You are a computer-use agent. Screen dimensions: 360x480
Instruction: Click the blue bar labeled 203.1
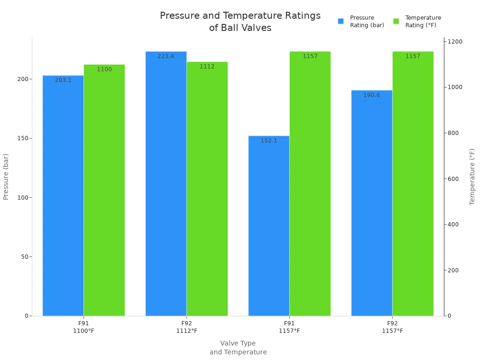click(x=63, y=197)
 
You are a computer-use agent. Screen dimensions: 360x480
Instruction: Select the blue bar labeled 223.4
click(x=166, y=187)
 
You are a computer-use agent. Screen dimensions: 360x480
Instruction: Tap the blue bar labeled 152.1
click(x=269, y=227)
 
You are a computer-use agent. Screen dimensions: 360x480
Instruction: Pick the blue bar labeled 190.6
click(x=372, y=204)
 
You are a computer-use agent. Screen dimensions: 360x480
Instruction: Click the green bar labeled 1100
click(x=104, y=192)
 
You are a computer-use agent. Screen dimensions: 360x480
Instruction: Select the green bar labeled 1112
click(x=207, y=190)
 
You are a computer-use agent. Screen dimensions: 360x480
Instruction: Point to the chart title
click(x=240, y=22)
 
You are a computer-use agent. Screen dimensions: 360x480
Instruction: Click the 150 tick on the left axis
click(x=23, y=138)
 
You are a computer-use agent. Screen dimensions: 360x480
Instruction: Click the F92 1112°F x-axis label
click(x=187, y=327)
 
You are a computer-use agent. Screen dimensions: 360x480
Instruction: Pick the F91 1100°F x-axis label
click(x=83, y=327)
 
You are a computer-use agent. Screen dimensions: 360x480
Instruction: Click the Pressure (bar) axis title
click(x=6, y=177)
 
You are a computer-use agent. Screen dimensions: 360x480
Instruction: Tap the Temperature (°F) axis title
click(x=472, y=177)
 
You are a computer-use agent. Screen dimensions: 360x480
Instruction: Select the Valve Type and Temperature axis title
click(x=238, y=348)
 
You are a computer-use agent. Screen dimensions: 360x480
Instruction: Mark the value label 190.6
click(x=372, y=95)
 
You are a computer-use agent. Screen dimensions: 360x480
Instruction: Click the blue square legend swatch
click(x=341, y=21)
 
